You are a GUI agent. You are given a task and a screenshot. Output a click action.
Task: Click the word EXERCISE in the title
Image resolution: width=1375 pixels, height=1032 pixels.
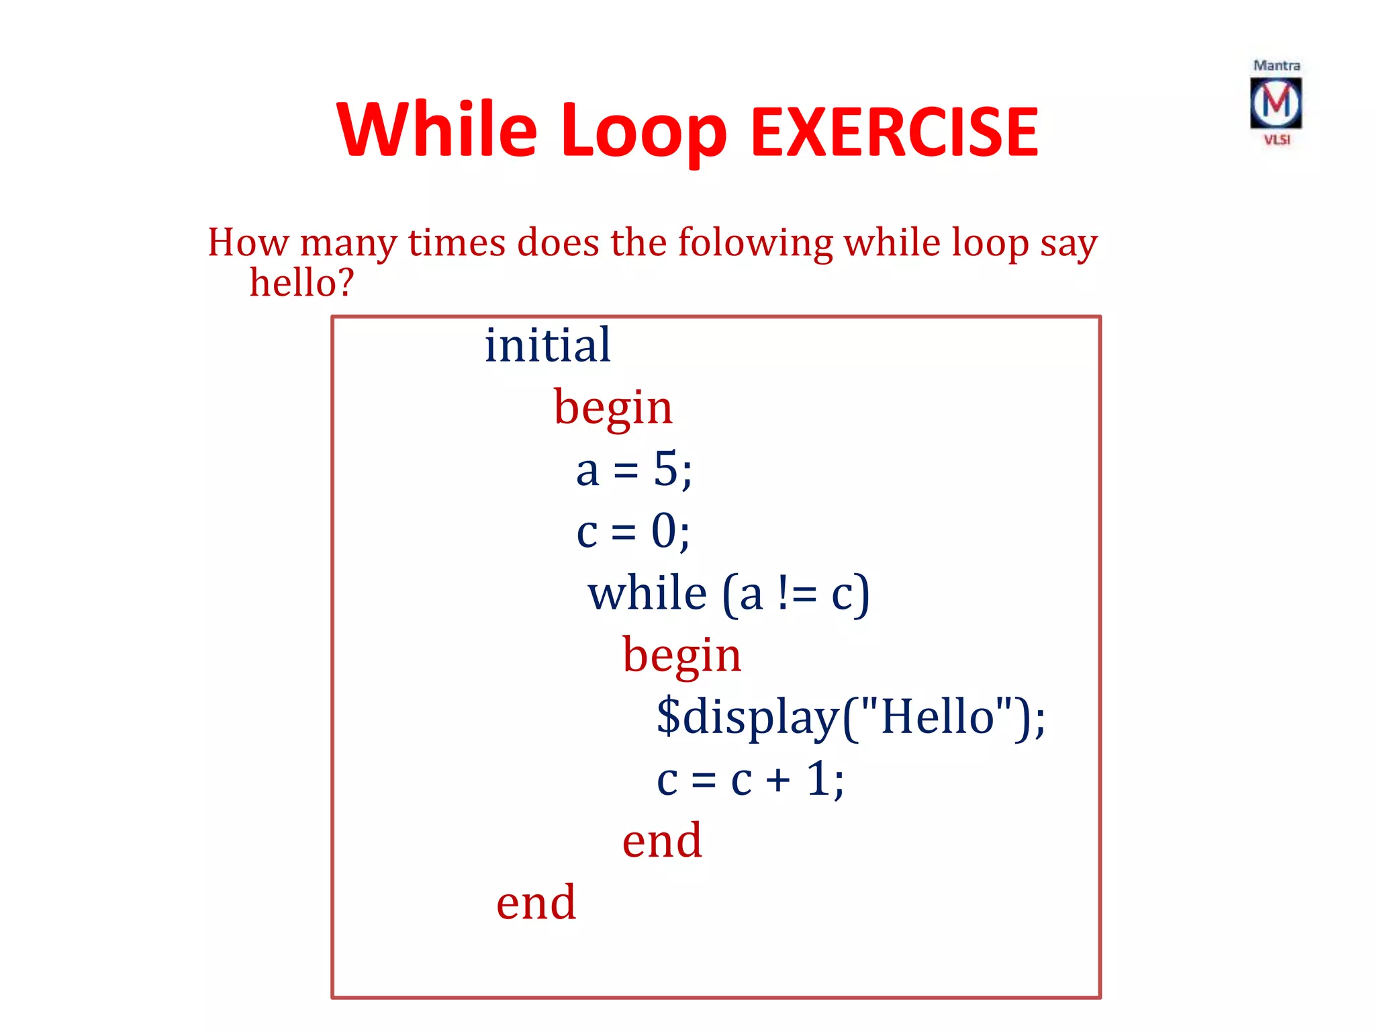point(894,132)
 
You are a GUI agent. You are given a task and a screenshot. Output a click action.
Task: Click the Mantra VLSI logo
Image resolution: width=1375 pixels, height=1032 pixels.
point(1276,103)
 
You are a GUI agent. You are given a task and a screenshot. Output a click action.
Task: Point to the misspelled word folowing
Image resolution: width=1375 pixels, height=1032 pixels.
point(755,243)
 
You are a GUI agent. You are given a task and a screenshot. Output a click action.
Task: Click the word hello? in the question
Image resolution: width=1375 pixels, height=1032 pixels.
point(301,282)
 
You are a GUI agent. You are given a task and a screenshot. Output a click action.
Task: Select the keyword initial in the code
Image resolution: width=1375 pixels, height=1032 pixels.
point(547,345)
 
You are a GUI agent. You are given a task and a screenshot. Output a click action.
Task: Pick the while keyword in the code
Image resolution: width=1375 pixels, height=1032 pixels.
point(647,594)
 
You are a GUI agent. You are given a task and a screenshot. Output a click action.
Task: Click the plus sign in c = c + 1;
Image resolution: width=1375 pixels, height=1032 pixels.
point(778,781)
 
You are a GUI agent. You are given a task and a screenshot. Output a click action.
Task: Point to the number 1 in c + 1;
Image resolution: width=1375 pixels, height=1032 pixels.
point(817,779)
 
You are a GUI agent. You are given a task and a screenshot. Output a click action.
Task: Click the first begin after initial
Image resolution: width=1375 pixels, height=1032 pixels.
point(612,408)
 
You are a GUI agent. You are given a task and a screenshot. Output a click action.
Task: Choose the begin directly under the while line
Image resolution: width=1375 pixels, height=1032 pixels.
point(681,656)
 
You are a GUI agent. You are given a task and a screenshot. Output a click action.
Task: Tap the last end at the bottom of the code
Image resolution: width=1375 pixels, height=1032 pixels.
point(536,902)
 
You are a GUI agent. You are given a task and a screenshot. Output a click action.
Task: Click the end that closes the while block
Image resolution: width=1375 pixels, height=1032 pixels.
point(662,841)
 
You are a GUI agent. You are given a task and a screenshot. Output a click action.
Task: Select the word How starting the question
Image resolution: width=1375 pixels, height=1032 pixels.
point(248,243)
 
